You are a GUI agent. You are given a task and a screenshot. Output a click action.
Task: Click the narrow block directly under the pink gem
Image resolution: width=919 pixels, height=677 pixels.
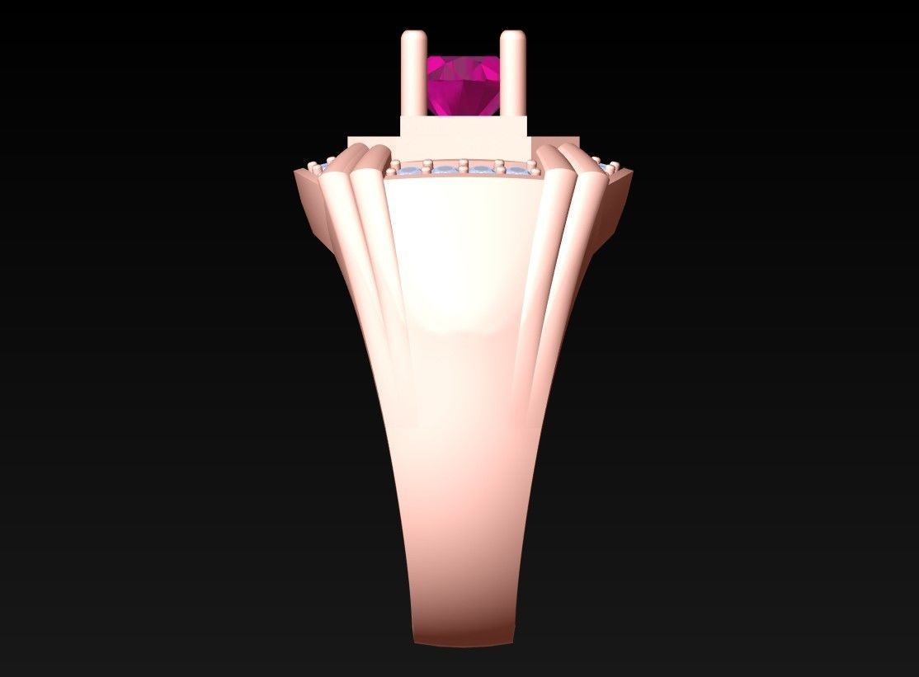click(x=464, y=127)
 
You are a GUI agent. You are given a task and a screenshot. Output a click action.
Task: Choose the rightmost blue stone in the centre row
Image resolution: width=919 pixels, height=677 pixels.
click(x=517, y=172)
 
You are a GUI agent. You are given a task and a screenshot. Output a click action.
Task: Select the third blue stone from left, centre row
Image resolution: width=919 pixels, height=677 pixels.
click(x=481, y=171)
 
